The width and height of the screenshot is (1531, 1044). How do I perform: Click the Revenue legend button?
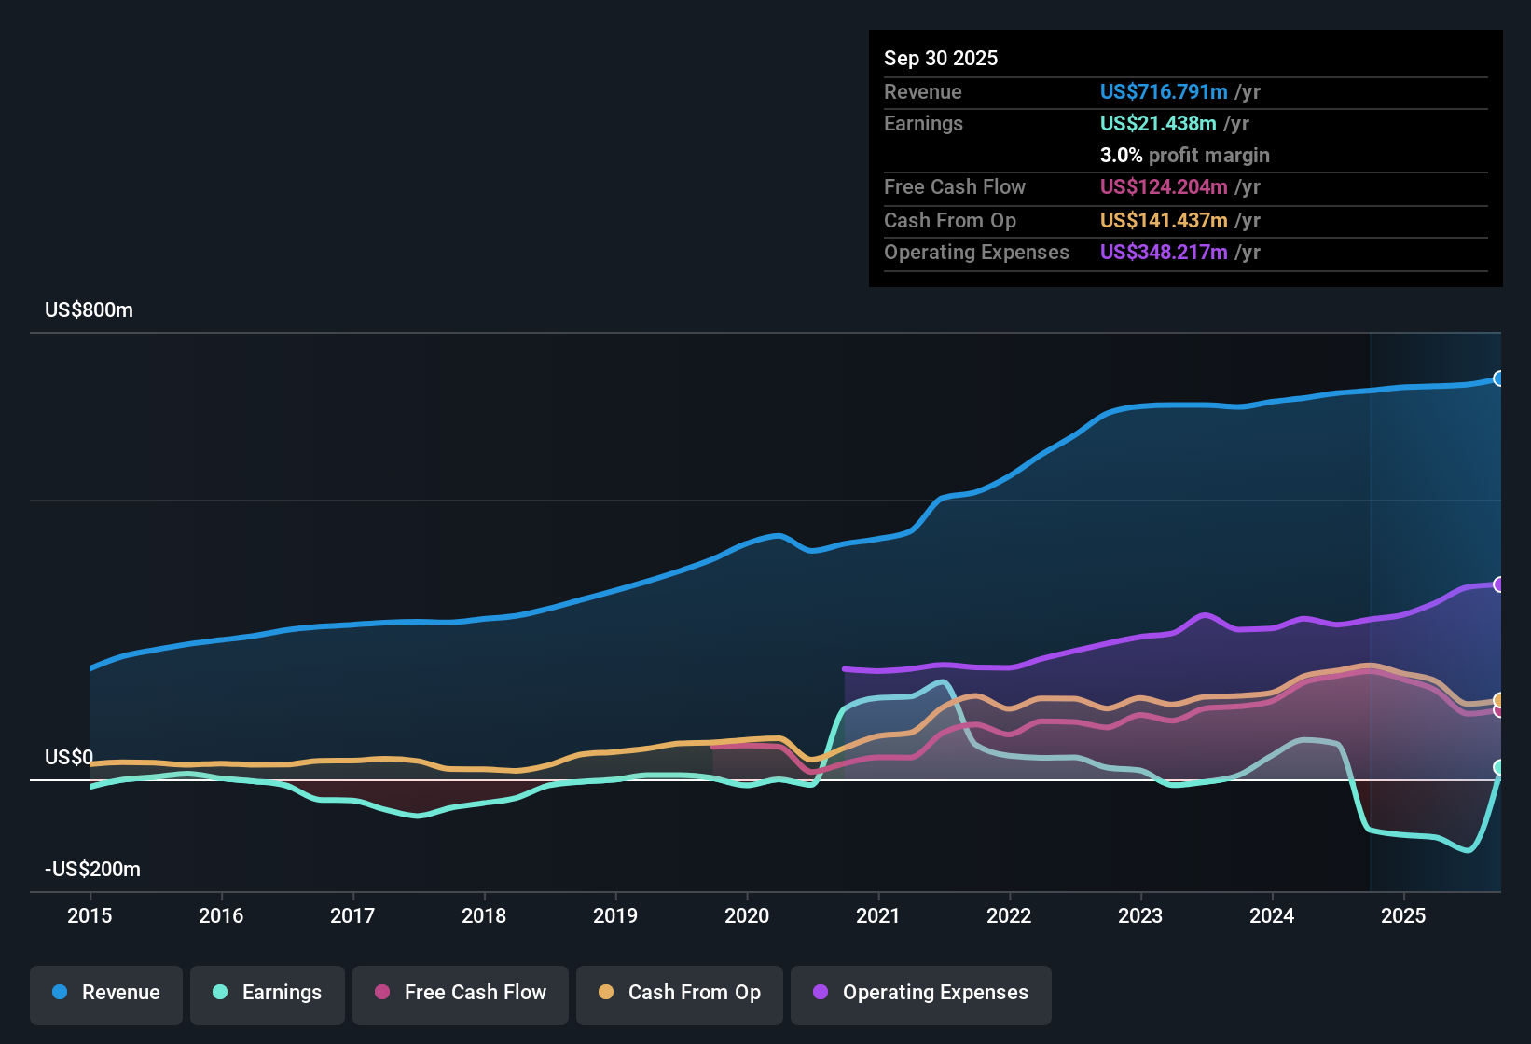[106, 993]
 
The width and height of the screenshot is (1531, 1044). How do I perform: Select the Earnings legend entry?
[268, 993]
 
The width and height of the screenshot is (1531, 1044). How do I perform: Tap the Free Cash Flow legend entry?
[461, 993]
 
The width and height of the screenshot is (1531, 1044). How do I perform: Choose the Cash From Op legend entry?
[680, 993]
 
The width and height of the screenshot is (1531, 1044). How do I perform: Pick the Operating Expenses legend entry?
[921, 993]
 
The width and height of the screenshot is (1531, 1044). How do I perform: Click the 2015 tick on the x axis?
[90, 915]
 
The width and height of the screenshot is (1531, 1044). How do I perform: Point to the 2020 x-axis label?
[747, 915]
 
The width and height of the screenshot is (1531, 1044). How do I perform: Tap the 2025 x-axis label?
[1403, 915]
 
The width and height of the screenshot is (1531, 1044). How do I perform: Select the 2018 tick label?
[484, 915]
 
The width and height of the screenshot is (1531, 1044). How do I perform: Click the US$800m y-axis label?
[89, 310]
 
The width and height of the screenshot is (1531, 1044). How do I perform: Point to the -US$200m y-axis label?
[92, 870]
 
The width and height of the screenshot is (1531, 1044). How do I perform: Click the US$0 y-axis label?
[68, 758]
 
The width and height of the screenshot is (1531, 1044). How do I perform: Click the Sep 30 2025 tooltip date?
[940, 59]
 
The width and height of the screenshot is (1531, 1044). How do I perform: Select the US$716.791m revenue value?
[1163, 92]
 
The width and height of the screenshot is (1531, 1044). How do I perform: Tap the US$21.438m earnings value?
[1157, 124]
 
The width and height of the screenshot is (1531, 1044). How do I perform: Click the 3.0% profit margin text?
[1184, 156]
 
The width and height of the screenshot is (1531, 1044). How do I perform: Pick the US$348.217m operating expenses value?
[1163, 253]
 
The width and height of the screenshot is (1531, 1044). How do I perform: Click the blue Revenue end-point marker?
[1499, 378]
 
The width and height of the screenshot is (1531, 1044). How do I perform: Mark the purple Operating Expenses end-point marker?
[1499, 584]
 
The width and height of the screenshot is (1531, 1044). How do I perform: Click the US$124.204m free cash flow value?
[1163, 187]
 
